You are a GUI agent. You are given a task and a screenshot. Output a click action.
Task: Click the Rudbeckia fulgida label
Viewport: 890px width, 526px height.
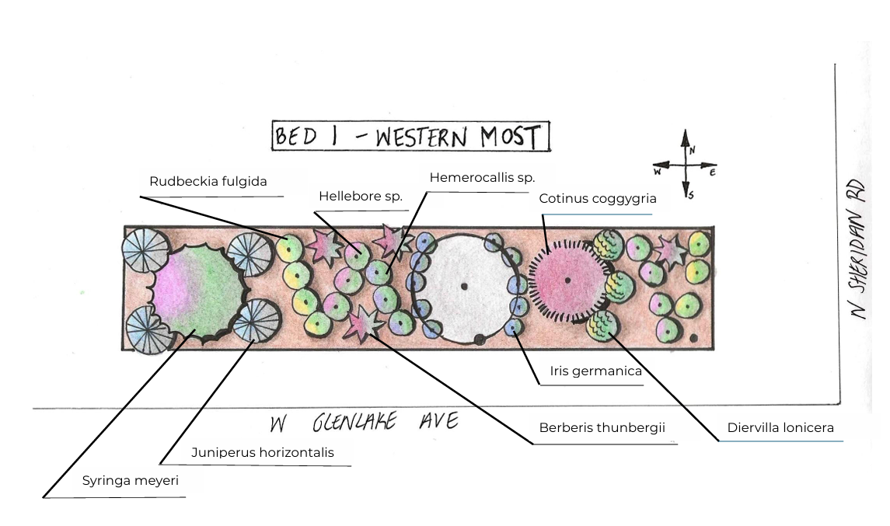(x=208, y=181)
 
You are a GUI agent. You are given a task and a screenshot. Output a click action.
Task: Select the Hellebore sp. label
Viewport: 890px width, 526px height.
(x=361, y=197)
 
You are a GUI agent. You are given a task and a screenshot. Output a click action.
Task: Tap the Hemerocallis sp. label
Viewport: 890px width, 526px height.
(x=482, y=177)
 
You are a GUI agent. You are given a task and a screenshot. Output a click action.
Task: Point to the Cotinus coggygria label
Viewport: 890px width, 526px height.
(x=598, y=198)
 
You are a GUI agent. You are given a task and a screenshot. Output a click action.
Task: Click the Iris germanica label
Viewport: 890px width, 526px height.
(x=595, y=371)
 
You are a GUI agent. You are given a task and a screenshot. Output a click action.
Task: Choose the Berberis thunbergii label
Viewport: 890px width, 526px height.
(x=602, y=427)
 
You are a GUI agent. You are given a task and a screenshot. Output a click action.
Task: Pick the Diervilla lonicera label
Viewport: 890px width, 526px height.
(x=780, y=427)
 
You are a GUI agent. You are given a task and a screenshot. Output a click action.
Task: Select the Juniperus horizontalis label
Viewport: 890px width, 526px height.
(x=263, y=452)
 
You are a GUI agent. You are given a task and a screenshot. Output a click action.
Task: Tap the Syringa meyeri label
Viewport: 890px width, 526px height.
(x=131, y=480)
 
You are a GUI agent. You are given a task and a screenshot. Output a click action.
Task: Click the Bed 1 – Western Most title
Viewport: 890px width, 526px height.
(x=410, y=137)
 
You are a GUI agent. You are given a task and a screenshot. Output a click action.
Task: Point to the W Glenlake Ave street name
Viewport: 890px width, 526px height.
(x=364, y=423)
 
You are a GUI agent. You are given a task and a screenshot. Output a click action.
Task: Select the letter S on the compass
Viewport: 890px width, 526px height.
(x=691, y=194)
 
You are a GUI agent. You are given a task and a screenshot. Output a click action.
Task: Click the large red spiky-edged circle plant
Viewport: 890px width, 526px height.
(x=567, y=280)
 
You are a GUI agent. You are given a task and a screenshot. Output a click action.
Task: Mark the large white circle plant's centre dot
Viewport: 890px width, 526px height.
(x=464, y=286)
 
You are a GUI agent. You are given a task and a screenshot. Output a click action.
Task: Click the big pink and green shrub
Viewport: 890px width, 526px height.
(x=199, y=291)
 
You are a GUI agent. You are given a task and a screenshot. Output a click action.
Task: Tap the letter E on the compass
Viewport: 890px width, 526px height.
(x=713, y=172)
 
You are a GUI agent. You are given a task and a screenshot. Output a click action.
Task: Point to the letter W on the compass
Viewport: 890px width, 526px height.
(x=658, y=170)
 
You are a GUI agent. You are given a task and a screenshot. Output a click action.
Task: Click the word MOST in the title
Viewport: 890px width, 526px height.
(x=509, y=138)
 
